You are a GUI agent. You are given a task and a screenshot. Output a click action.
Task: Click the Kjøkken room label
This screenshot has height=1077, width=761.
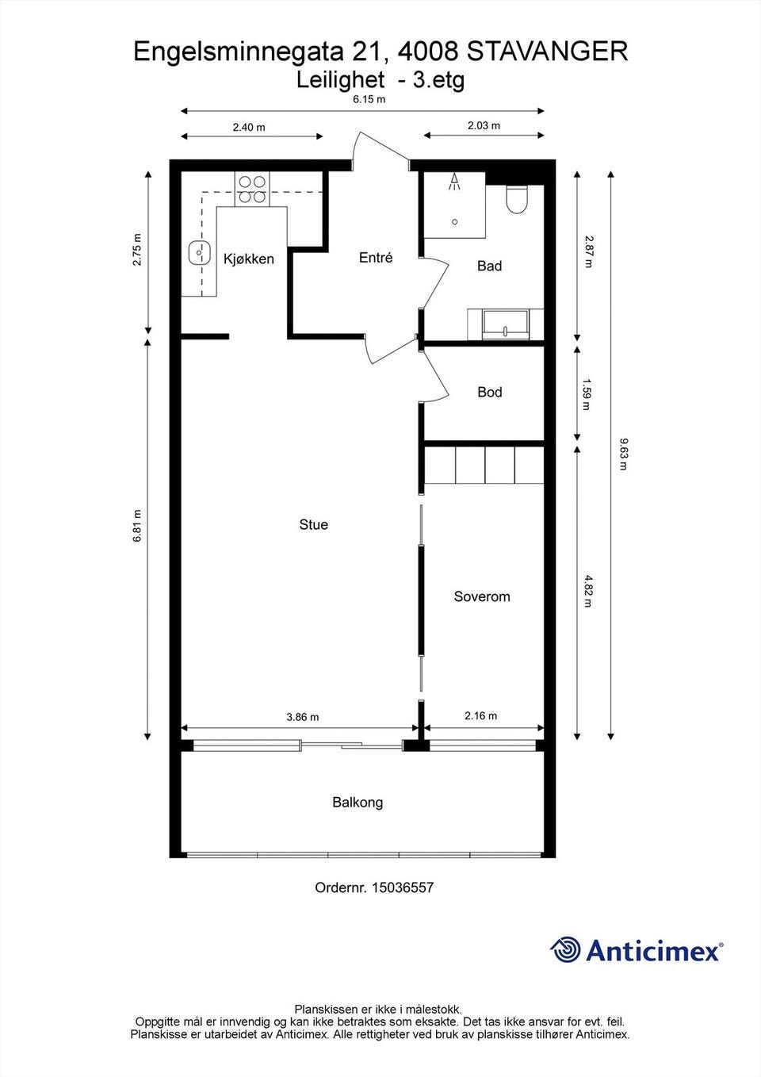click(x=248, y=259)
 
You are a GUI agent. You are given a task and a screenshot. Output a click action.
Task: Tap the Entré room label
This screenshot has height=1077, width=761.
click(x=376, y=258)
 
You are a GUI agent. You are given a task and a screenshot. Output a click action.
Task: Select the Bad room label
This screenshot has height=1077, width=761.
click(x=489, y=266)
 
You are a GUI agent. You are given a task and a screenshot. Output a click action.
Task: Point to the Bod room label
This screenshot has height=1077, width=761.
click(x=489, y=392)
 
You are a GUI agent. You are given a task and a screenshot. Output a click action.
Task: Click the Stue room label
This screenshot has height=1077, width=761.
click(x=313, y=524)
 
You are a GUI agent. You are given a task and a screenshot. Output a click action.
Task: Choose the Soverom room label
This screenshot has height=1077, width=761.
click(x=481, y=596)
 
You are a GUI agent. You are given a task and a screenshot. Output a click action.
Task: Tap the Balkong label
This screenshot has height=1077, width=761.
click(x=358, y=803)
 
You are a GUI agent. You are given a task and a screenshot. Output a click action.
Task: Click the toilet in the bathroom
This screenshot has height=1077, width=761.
click(x=517, y=200)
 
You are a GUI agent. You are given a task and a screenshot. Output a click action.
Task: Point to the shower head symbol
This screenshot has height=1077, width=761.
click(x=454, y=182)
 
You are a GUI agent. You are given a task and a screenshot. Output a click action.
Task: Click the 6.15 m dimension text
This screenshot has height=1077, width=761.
click(x=369, y=99)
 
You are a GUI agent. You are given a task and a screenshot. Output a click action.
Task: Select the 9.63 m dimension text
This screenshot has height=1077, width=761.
click(x=623, y=454)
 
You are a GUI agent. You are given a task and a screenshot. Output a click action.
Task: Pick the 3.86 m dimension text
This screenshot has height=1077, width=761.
click(x=303, y=717)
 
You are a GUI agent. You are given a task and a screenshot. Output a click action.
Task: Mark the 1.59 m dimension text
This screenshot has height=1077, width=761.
click(x=587, y=394)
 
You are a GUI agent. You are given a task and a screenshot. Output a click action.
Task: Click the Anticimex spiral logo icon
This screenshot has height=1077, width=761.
click(x=566, y=949)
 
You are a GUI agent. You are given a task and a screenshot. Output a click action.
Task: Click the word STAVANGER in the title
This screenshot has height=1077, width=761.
click(x=547, y=52)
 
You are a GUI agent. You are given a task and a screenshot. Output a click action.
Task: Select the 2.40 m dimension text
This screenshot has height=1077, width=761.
click(x=249, y=127)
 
